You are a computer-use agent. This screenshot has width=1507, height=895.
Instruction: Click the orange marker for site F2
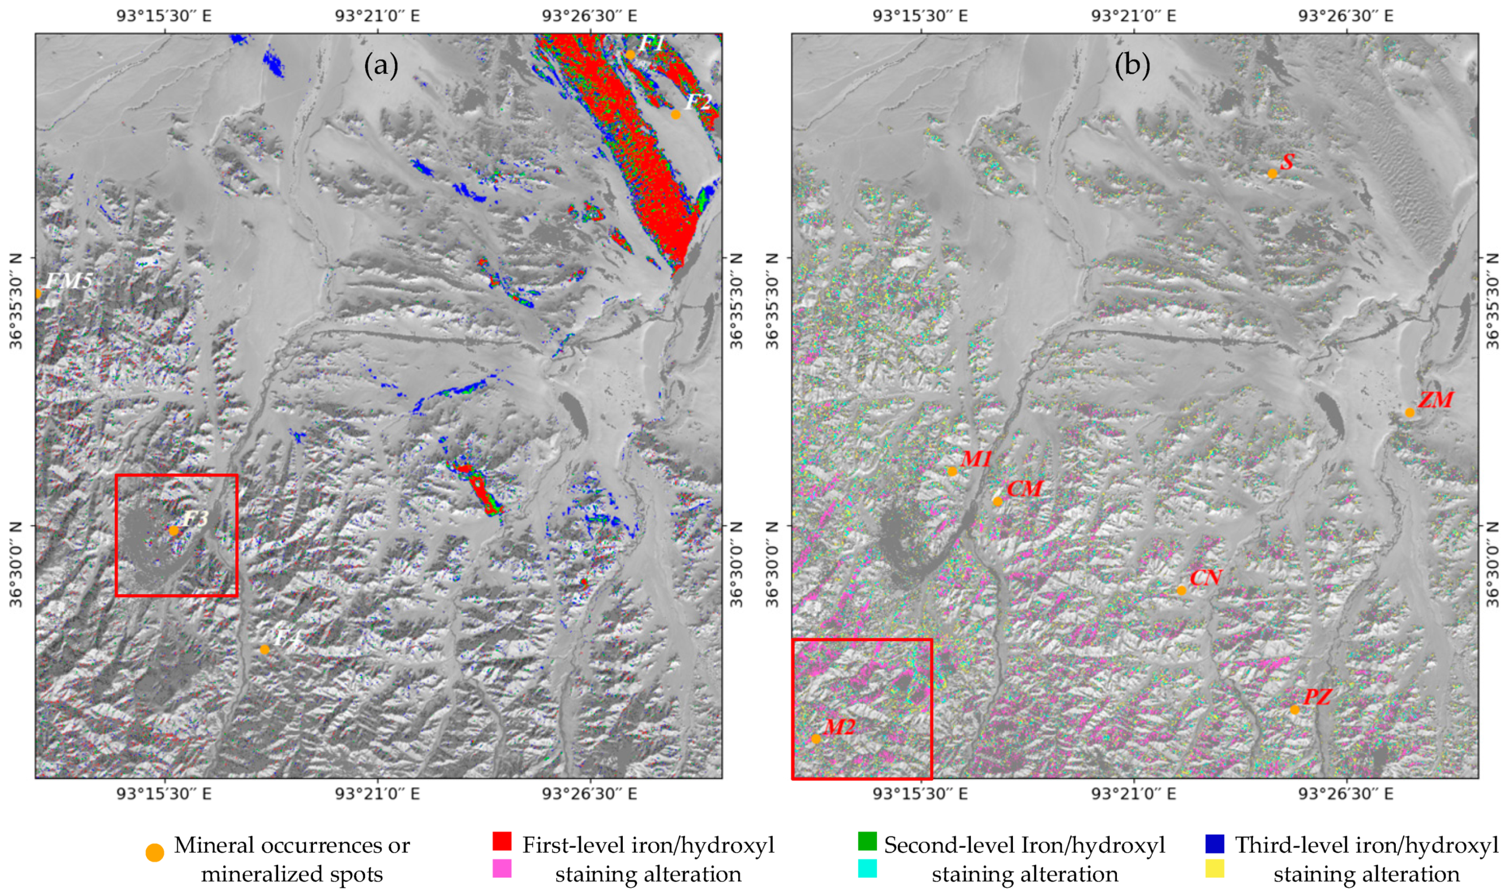pos(675,114)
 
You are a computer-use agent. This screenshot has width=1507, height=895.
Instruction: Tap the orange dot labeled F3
pos(174,531)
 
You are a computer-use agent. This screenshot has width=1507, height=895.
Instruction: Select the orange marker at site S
pos(1272,174)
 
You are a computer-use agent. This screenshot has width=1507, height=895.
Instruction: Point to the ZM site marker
pos(1409,412)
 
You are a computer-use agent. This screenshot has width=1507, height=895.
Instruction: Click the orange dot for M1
pos(952,471)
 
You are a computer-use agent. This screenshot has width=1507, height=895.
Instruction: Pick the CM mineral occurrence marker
pos(997,501)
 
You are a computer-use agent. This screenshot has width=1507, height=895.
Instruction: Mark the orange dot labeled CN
pos(1181,590)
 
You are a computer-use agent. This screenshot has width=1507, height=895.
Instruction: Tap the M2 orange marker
pos(816,739)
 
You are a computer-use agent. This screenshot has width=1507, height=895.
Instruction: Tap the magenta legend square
pos(502,868)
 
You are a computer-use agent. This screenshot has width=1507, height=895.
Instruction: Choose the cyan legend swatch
pos(867,868)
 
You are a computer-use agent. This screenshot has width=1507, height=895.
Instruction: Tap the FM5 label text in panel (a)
pos(69,281)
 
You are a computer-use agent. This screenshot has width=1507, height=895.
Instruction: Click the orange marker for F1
pos(630,55)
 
